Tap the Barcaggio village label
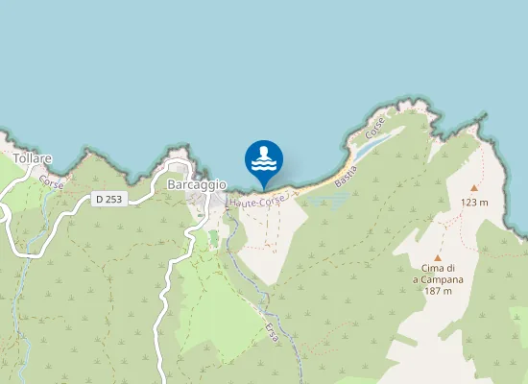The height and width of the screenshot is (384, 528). tap(196, 184)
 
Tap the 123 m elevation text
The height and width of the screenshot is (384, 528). tap(474, 203)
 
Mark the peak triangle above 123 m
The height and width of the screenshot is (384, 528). tap(473, 188)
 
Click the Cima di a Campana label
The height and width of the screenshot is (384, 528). tap(438, 274)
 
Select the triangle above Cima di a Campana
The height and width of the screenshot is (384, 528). tap(438, 257)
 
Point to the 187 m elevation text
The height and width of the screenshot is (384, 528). tap(438, 291)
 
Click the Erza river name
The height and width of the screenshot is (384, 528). tap(273, 333)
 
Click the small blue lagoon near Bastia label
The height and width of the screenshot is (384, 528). tap(373, 144)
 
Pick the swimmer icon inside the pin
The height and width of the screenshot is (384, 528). tap(263, 156)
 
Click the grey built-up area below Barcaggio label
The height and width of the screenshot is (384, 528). tap(204, 202)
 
